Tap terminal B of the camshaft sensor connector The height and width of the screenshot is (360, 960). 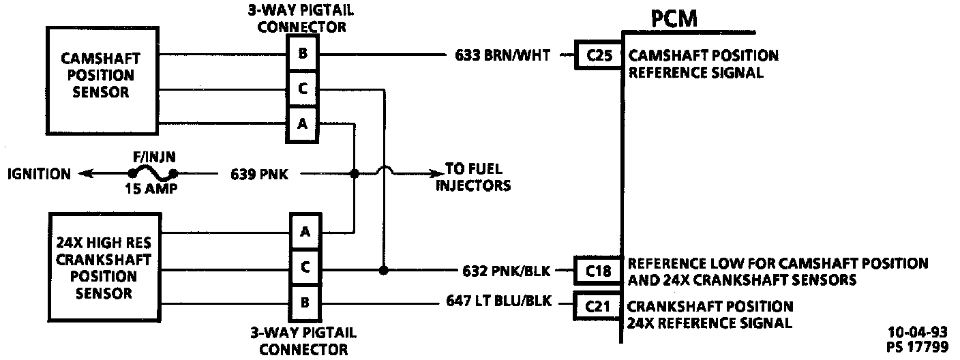click(302, 54)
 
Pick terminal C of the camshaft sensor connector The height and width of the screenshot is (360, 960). click(302, 89)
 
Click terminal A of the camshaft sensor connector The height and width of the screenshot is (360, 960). click(302, 124)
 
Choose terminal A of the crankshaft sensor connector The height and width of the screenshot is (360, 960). click(305, 232)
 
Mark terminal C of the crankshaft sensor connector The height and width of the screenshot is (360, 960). click(305, 268)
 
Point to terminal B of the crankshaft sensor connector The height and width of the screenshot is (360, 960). click(305, 302)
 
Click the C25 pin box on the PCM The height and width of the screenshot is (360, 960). click(599, 56)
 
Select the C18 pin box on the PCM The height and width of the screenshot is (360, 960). click(598, 271)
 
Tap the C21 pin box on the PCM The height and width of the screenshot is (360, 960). click(598, 305)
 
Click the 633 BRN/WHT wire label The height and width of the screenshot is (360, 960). click(506, 56)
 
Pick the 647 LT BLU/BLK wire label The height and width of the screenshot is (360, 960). click(498, 299)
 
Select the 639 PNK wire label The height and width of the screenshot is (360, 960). click(258, 174)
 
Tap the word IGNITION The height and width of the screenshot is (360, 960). click(39, 174)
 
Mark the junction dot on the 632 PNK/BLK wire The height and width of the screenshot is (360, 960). click(383, 270)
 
